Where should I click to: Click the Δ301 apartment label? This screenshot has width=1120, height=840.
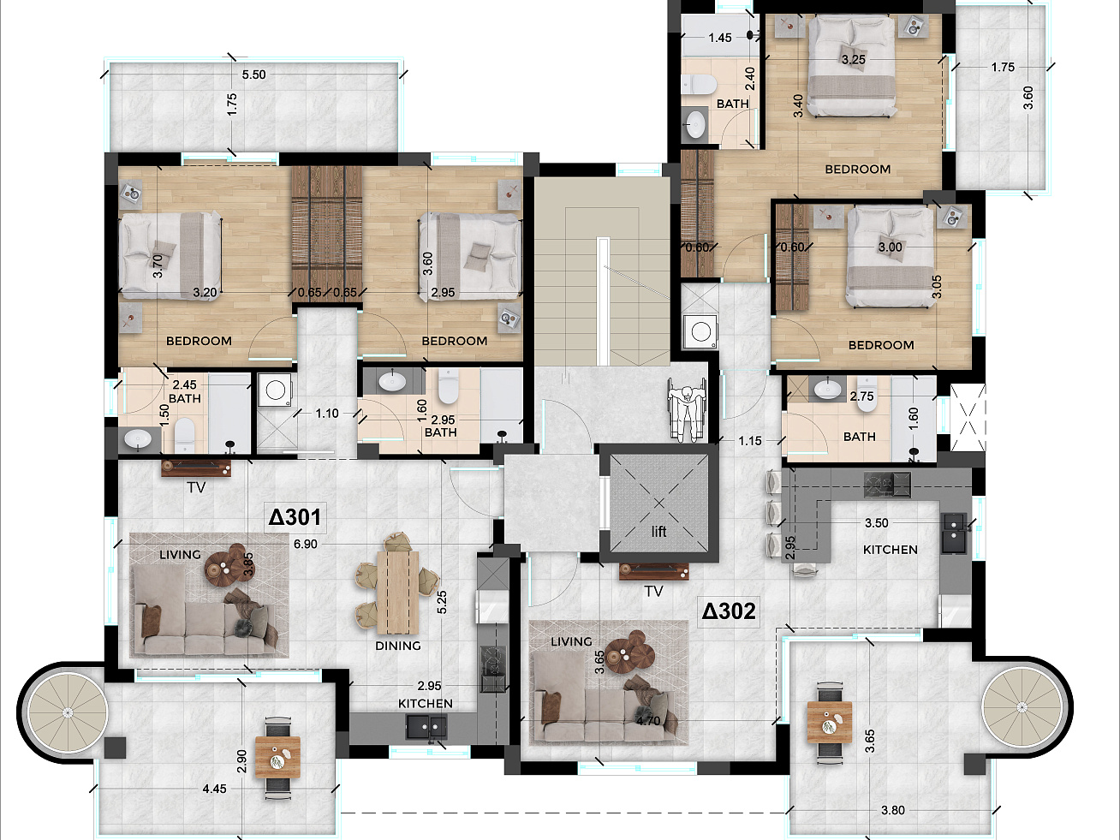pos(295,517)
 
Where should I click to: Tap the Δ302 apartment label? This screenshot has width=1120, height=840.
pos(729,611)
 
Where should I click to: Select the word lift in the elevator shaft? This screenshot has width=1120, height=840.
pos(658,532)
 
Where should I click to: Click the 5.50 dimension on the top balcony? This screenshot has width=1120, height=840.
pos(253,74)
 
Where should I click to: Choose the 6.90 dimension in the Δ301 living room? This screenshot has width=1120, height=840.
pos(305,545)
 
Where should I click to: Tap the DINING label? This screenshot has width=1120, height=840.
pos(398,646)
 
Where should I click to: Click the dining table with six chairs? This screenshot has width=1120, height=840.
pos(397,583)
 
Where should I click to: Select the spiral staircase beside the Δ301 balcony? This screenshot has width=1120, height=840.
pos(67,712)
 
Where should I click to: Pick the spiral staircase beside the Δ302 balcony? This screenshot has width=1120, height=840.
pos(1022,706)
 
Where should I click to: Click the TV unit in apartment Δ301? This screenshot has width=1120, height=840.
pos(196,468)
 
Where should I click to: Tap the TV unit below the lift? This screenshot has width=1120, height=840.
pos(653,571)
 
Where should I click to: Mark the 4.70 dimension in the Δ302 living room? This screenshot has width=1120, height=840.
pos(648,721)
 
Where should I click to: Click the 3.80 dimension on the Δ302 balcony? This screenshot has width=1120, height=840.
pos(893,810)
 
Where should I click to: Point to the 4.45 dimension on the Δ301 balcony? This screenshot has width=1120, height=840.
pos(214,789)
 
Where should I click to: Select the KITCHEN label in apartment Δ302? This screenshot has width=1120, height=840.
pos(891,550)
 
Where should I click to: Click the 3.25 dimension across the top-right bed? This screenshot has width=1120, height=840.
pos(853,60)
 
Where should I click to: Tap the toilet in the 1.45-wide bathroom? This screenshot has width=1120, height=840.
pos(696,84)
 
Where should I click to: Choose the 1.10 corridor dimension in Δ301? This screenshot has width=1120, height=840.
pos(326,413)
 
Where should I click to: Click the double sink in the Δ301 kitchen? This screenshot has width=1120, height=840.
pos(426,727)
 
